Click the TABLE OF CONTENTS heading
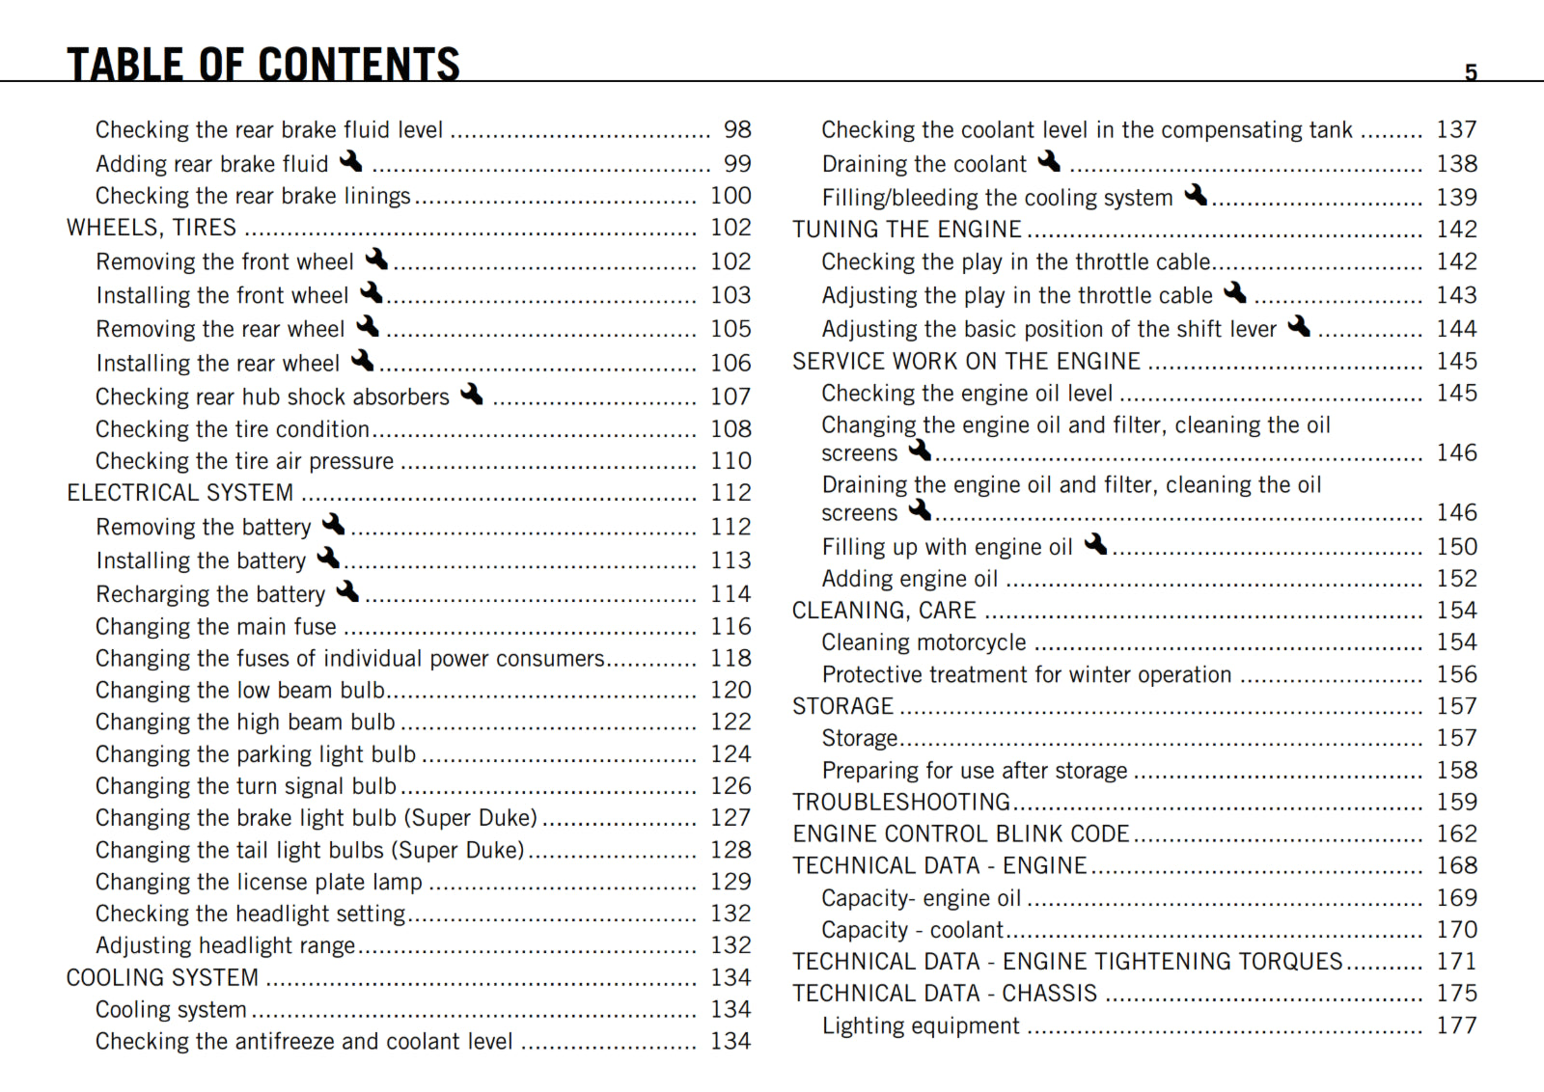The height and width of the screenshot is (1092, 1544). coord(262,64)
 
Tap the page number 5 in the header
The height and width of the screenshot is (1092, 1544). coord(1471,72)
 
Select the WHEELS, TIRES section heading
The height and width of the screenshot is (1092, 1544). coord(152,228)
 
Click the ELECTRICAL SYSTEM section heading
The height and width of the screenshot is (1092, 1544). coord(179,493)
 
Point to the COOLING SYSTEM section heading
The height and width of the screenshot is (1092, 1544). coord(162,977)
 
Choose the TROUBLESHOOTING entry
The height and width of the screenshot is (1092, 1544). coord(901,802)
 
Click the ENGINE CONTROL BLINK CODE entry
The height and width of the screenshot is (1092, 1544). coord(960,833)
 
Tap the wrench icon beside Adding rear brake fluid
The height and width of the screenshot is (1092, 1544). coord(351,160)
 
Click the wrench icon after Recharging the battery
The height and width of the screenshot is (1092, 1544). coord(347,590)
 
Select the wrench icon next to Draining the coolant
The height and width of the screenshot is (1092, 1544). coord(1049,160)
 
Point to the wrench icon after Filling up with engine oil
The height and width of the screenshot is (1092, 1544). coord(1095,543)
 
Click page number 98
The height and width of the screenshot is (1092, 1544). coord(737,129)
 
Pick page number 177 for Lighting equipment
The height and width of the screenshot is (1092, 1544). coord(1456,1025)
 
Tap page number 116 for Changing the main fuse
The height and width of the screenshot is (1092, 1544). coord(731,626)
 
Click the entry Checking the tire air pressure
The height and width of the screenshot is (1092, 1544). coord(244,461)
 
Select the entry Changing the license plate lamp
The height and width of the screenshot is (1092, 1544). coord(259,882)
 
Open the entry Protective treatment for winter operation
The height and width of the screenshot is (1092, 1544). coord(1027,674)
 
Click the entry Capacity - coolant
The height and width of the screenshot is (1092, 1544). coord(912,930)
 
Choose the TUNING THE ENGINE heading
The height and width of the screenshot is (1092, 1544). coord(906,230)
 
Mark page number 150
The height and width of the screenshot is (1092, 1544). coord(1456,547)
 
